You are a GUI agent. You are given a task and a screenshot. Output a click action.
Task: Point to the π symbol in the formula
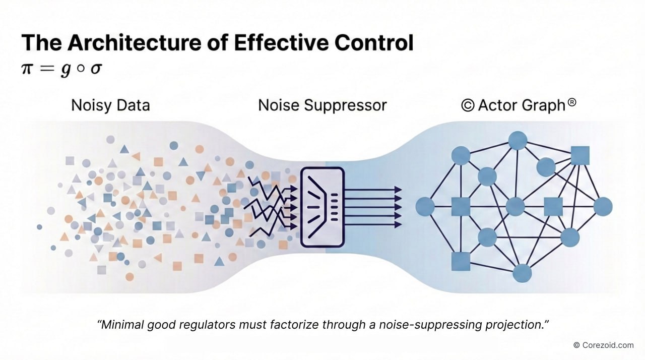point(28,69)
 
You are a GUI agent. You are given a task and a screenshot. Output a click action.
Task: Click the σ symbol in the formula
point(96,69)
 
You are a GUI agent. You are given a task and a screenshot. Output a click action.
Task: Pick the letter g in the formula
point(66,70)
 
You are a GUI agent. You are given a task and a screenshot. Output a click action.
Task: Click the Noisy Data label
point(110,105)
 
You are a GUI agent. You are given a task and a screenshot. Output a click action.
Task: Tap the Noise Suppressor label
point(322,105)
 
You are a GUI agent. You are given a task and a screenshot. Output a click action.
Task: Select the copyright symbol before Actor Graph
point(467,106)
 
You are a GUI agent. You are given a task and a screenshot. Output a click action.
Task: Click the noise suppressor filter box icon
point(322,207)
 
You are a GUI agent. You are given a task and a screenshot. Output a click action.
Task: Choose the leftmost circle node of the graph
point(425,206)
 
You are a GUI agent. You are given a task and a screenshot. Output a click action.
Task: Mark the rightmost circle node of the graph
point(603,206)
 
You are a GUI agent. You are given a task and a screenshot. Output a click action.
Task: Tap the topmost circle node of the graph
point(518,140)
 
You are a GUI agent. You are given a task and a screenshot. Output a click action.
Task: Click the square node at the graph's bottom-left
point(461,261)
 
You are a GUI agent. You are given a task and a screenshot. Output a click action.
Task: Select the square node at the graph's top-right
point(580,155)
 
